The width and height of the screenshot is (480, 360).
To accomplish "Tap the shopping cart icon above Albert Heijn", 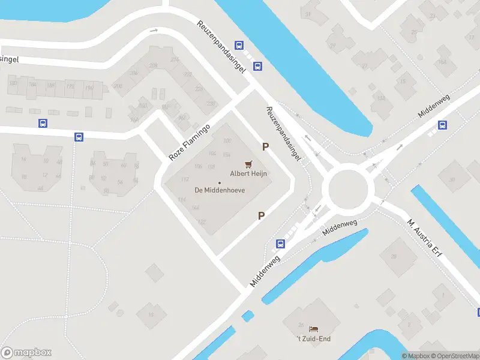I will (248, 164).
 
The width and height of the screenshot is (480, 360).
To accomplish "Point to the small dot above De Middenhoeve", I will (220, 182).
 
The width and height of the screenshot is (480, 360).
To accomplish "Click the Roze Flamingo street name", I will (189, 142).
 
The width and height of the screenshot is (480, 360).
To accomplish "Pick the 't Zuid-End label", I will (314, 338).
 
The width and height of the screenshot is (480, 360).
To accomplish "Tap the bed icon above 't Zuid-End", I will (313, 329).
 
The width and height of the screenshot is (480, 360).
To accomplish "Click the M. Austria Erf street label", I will (427, 236).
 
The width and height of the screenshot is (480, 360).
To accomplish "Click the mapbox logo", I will (26, 352).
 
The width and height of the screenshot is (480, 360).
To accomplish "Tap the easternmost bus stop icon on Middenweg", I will (442, 125).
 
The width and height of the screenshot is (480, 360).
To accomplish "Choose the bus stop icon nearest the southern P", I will (280, 244).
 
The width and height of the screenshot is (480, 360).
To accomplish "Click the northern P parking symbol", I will (264, 146).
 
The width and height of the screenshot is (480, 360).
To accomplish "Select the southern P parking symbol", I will (262, 215).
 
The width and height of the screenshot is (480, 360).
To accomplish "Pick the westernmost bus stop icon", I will (43, 124).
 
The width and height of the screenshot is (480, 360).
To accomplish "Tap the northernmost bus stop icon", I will (239, 45).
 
